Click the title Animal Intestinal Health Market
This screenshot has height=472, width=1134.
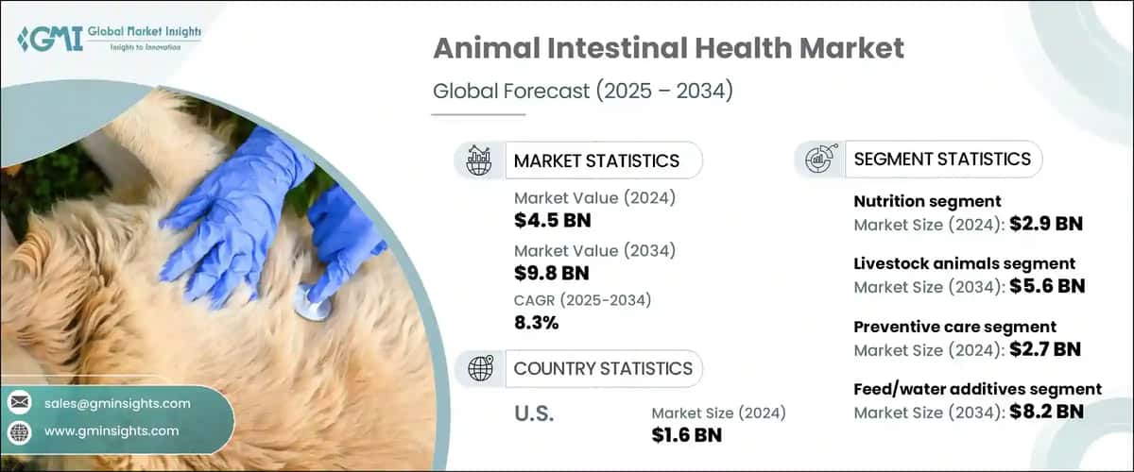point(668,49)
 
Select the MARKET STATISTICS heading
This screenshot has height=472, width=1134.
point(596,160)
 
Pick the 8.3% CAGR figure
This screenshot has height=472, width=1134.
point(536,323)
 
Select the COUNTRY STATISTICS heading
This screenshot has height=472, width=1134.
point(603,368)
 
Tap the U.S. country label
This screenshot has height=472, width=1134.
point(534,413)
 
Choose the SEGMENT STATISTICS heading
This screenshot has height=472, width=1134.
point(942,160)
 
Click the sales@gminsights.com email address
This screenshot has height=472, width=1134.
point(117,403)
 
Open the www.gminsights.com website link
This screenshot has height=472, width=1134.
point(112,430)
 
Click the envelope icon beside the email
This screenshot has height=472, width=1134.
point(20,403)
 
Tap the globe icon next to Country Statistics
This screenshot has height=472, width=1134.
point(481,368)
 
